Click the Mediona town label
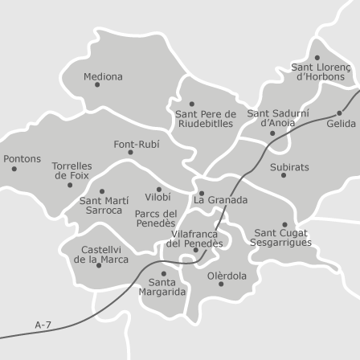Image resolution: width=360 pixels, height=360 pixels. (x=103, y=77)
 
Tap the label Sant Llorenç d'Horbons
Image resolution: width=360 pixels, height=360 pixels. (x=321, y=72)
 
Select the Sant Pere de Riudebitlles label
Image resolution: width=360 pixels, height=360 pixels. (x=206, y=119)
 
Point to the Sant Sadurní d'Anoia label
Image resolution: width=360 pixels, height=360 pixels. (x=277, y=118)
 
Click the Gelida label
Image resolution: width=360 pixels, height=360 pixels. (x=341, y=124)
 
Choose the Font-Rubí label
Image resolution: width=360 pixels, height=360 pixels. (x=136, y=145)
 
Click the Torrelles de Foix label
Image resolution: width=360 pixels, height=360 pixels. (x=72, y=170)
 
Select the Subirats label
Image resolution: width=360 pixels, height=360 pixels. (x=289, y=168)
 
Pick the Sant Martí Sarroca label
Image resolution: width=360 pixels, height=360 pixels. (x=104, y=205)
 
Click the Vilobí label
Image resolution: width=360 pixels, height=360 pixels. (x=157, y=197)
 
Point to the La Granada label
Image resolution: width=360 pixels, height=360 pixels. (x=221, y=200)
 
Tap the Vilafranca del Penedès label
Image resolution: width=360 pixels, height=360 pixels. (x=194, y=239)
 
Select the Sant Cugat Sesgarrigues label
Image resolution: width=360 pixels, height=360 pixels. (x=280, y=238)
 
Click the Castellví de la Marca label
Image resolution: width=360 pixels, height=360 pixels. (x=101, y=255)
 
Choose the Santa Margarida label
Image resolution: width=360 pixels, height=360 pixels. (x=162, y=287)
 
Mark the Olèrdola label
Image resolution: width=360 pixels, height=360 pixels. (x=227, y=276)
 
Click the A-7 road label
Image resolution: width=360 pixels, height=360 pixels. (x=43, y=325)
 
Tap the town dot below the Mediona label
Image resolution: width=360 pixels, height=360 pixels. (x=97, y=85)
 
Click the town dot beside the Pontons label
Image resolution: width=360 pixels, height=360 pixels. (x=14, y=169)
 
